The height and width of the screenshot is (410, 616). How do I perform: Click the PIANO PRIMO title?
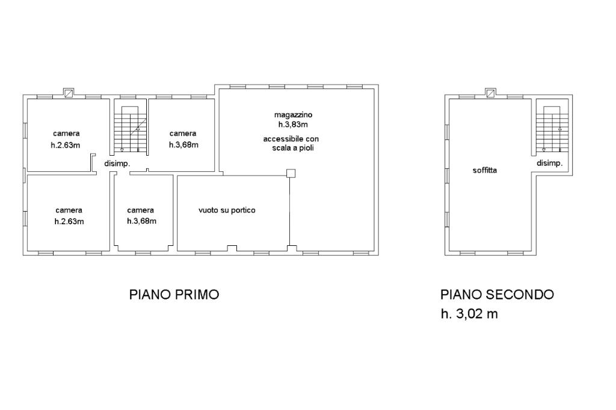(x=174, y=294)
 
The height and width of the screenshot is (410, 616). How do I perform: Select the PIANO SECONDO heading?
(x=497, y=294)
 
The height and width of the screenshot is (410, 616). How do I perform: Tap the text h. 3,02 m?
(x=469, y=314)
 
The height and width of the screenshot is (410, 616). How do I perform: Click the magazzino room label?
(x=293, y=115)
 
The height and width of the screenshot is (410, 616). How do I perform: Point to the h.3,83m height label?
(x=293, y=124)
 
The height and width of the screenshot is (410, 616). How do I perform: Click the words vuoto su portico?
(x=227, y=210)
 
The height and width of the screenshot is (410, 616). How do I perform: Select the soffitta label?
(x=485, y=171)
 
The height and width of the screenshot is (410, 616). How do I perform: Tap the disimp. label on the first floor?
(x=117, y=164)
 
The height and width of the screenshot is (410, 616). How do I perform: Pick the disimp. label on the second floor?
(x=550, y=163)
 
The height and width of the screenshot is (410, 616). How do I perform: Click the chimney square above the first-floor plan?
(x=69, y=93)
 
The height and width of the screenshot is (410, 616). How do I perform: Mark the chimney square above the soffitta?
(x=490, y=93)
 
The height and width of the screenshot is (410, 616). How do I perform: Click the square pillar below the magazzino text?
(x=291, y=173)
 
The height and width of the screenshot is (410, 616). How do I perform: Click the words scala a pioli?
(x=293, y=148)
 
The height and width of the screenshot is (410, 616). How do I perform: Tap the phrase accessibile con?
(x=291, y=139)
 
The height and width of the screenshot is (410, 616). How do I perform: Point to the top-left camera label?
(x=66, y=133)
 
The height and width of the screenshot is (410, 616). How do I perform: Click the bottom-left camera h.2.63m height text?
(x=69, y=221)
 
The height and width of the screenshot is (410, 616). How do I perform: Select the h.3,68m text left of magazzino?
(x=184, y=145)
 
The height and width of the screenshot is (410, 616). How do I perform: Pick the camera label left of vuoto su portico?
(x=141, y=210)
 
